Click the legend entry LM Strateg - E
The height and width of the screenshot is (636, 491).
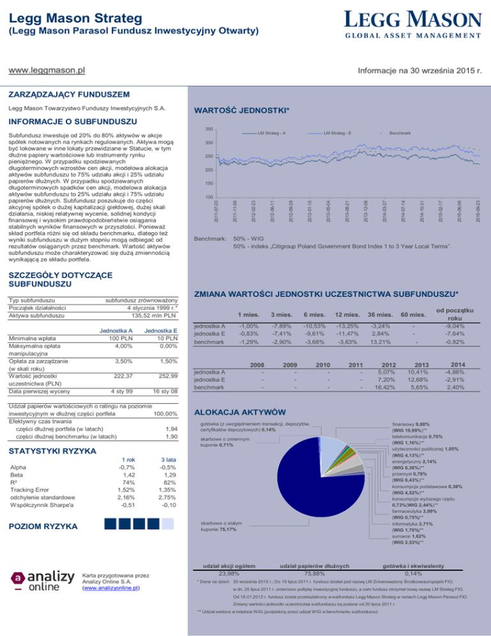tap(345, 133)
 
